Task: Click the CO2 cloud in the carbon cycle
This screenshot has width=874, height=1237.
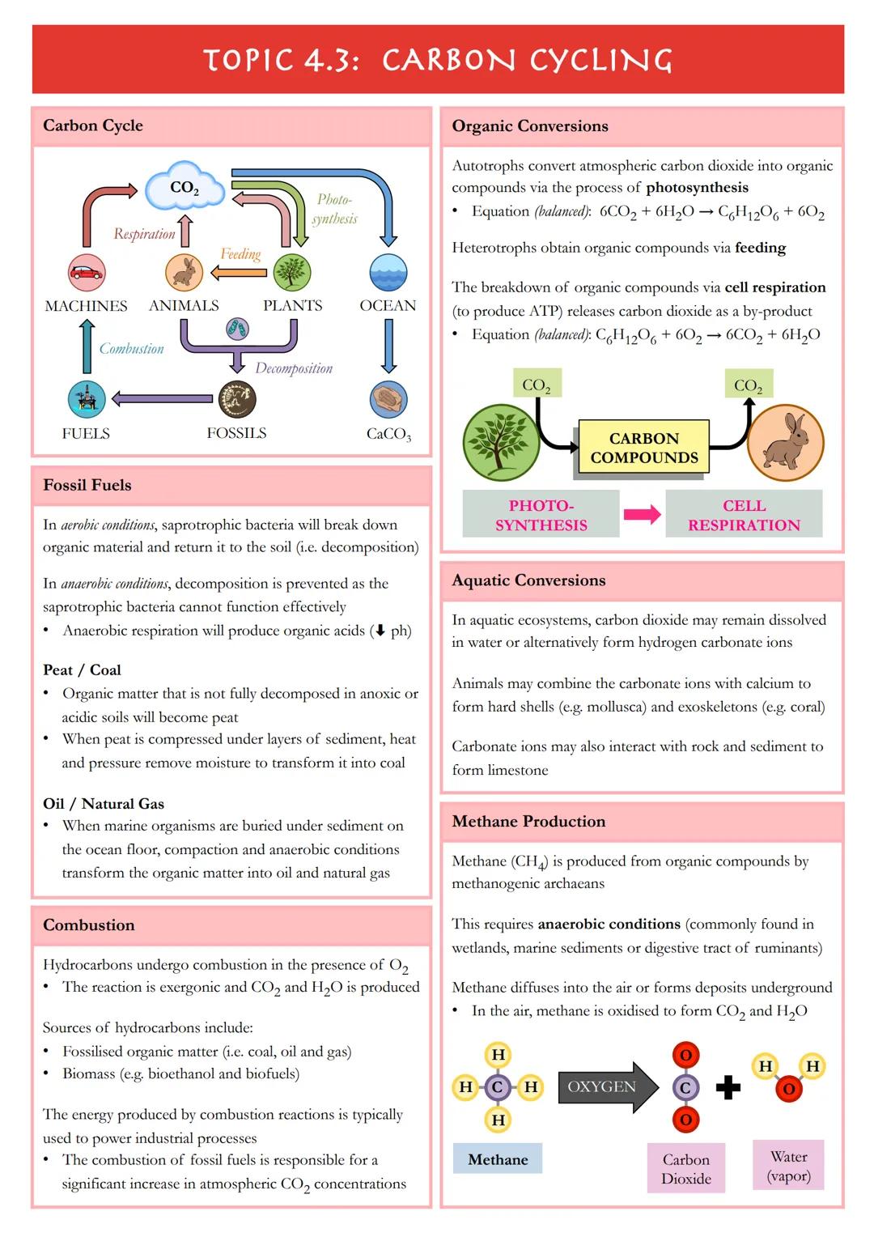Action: tap(185, 187)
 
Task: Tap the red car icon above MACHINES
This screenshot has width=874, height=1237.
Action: tap(86, 273)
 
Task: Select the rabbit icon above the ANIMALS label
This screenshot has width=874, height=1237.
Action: tap(185, 272)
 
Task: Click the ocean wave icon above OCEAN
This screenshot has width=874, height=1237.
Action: tap(388, 272)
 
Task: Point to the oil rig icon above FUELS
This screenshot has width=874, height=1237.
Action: tap(86, 399)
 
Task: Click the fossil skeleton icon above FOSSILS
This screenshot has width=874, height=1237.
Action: tap(237, 399)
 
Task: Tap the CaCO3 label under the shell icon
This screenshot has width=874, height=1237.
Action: tap(388, 434)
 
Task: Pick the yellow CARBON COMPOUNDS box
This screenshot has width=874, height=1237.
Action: tap(644, 448)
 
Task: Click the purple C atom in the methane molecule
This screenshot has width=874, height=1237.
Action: tap(498, 1086)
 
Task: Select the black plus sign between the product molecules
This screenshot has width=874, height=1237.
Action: tap(728, 1087)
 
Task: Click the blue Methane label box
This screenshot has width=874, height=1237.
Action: tap(498, 1159)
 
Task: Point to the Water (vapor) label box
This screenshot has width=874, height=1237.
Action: tap(788, 1166)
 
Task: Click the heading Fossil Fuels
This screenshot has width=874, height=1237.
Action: tap(87, 485)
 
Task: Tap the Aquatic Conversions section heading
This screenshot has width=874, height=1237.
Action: tap(528, 580)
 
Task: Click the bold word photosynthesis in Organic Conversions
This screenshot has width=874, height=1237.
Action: tap(697, 188)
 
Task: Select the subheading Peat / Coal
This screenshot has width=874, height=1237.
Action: tap(82, 670)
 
